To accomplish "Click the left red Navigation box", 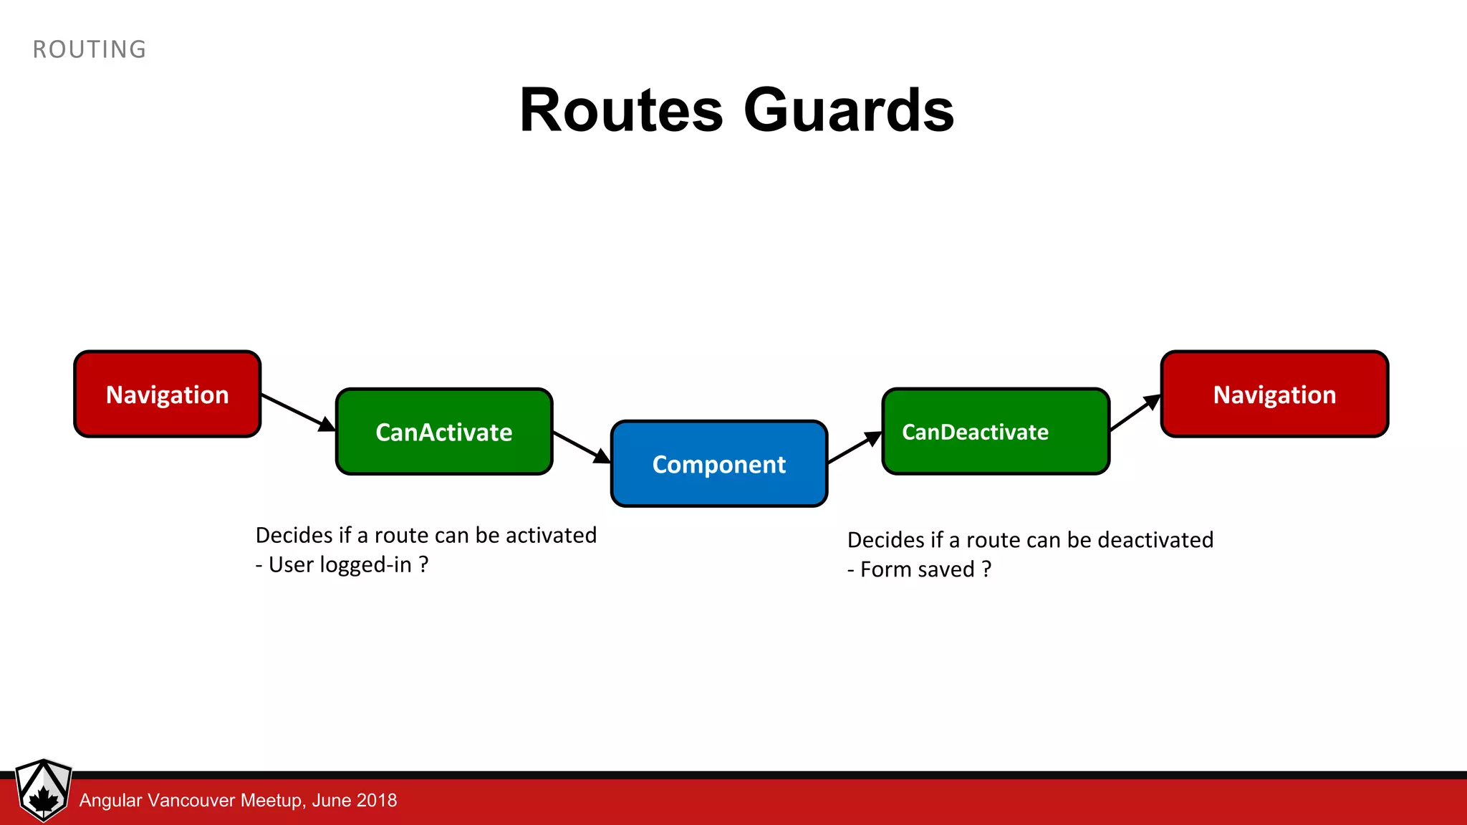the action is point(167,394).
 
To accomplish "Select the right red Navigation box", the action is point(1274,394).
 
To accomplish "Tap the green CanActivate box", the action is point(444,432).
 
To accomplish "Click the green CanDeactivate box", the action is point(996,432).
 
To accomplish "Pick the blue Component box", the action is point(719,464).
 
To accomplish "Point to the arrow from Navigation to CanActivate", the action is point(297,412).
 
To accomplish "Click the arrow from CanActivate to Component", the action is point(581,447).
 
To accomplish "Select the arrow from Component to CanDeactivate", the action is point(855,448).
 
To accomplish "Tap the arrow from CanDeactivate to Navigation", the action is point(1135,412).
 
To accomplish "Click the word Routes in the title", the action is point(621,111).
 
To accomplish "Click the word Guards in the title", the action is point(849,111).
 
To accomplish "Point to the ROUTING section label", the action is point(90,49).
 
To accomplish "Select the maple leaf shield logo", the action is point(44,790).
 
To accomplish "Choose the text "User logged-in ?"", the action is point(348,565).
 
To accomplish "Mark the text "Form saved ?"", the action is point(925,569).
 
